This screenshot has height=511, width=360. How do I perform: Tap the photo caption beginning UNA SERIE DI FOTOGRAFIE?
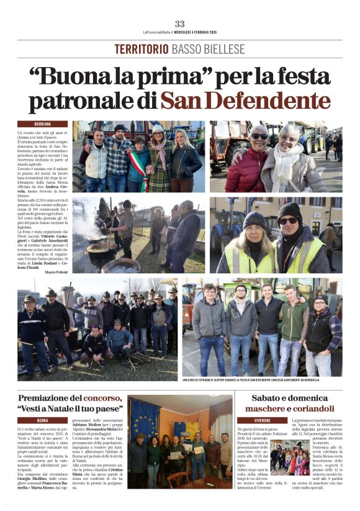250,379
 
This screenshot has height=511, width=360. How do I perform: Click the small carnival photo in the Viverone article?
289,458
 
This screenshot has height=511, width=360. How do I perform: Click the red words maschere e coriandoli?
289,409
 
